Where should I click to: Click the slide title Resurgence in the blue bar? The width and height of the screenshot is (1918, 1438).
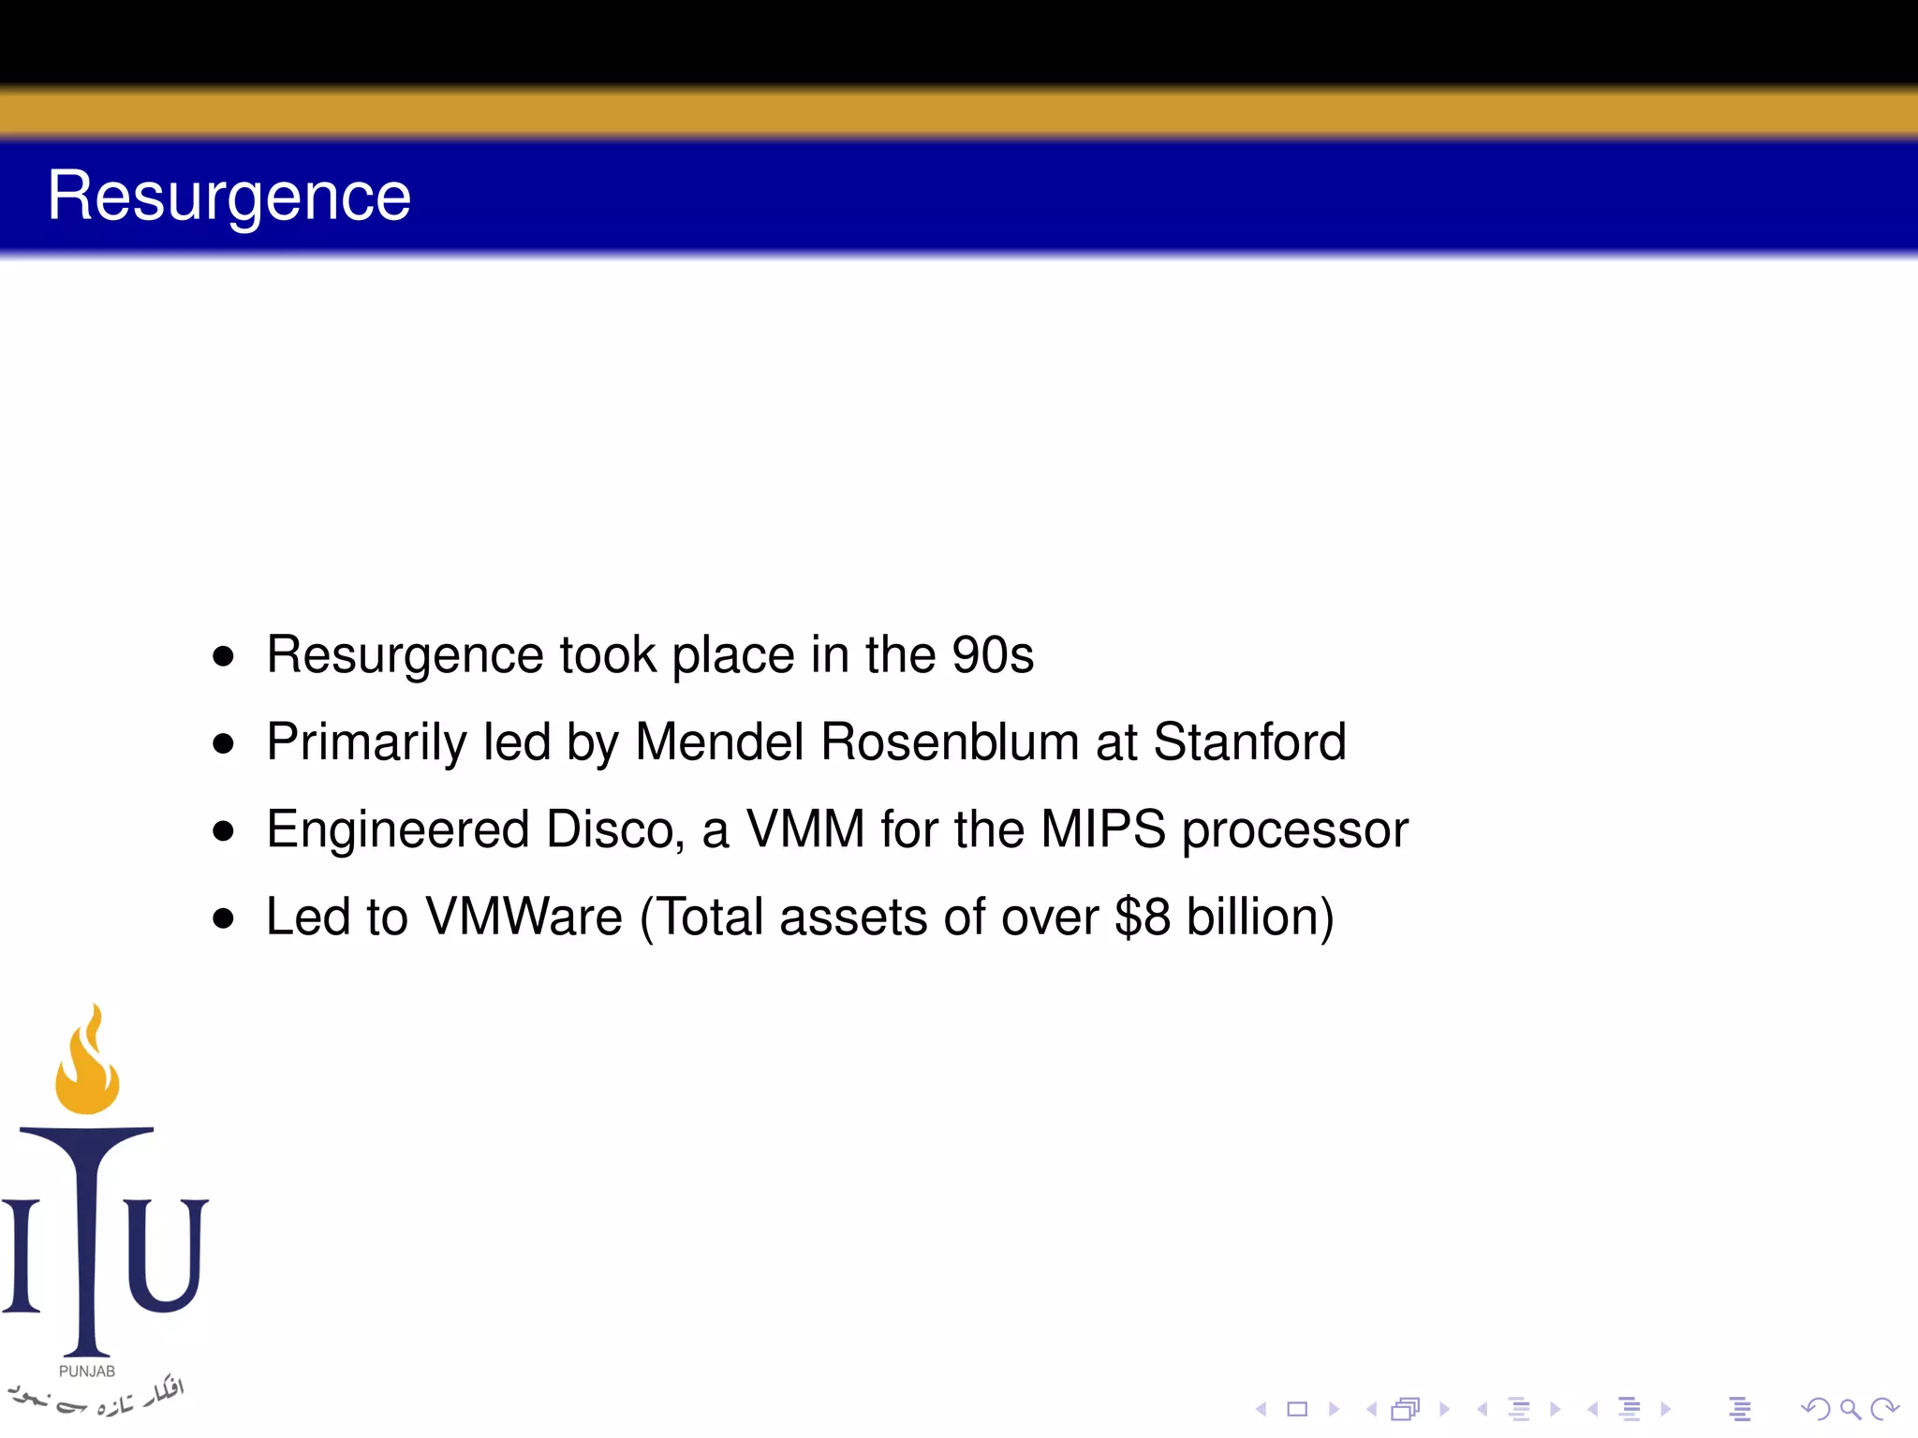(229, 197)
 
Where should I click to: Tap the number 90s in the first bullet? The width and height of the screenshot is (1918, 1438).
(993, 654)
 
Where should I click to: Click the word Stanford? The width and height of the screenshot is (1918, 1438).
(1249, 742)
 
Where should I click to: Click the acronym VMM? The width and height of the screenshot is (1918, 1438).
(804, 829)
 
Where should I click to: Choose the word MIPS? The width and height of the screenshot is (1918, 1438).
(1102, 829)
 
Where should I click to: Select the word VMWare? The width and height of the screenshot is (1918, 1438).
(524, 917)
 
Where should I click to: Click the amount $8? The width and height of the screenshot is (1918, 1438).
(1142, 917)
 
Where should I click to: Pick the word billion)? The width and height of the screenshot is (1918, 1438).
(1260, 917)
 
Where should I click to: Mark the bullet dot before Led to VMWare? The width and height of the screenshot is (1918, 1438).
(223, 918)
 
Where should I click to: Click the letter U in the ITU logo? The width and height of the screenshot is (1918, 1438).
(165, 1255)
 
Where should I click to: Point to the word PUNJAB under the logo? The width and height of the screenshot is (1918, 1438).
(87, 1372)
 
